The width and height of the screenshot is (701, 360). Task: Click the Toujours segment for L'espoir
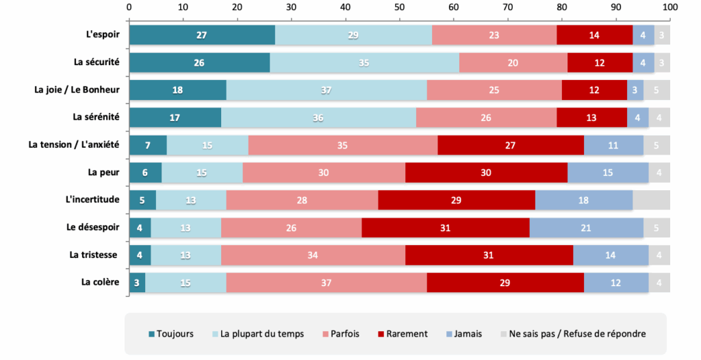[202, 35]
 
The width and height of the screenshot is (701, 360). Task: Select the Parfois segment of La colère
[326, 282]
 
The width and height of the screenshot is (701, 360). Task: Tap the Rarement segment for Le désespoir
[446, 227]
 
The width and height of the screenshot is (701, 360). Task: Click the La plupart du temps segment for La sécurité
[364, 62]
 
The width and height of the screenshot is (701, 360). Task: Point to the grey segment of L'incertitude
[651, 200]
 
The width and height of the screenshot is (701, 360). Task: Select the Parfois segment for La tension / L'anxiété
[342, 145]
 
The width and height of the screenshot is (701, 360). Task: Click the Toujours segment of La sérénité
[175, 118]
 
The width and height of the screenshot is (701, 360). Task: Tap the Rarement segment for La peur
[486, 172]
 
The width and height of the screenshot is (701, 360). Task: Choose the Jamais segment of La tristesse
[611, 255]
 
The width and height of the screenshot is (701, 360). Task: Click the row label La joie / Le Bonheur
[77, 90]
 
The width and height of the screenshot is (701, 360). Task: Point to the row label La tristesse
[94, 255]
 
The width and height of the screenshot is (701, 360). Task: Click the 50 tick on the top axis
[400, 7]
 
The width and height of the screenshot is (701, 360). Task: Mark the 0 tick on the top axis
[129, 7]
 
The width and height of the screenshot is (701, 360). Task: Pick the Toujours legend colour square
[152, 335]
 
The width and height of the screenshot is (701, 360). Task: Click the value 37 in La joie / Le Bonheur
[326, 90]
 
